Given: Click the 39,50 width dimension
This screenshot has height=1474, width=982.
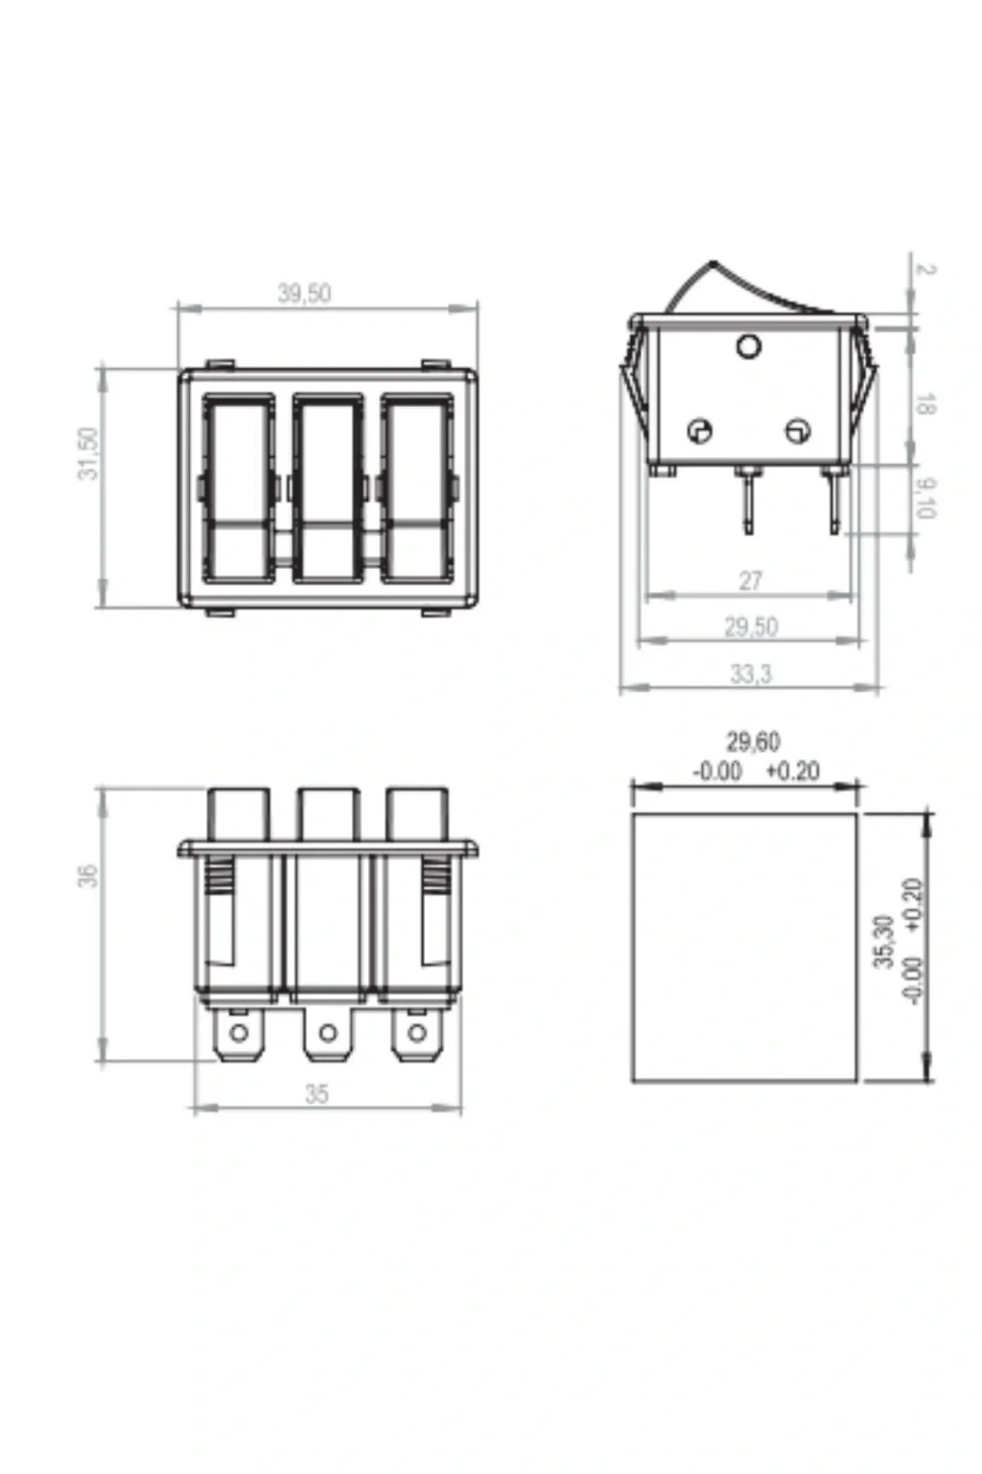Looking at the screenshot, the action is (x=304, y=293).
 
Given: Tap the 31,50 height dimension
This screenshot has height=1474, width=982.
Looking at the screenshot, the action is (x=88, y=453).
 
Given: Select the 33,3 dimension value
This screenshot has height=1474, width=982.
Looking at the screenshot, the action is (x=751, y=674).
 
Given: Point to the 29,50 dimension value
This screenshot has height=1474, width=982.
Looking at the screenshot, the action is (x=751, y=627).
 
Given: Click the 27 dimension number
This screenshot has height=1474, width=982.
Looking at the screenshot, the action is (x=751, y=581).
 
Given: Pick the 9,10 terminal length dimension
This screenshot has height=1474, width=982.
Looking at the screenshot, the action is (x=924, y=497).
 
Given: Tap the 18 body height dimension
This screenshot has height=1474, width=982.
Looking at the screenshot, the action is (x=924, y=404).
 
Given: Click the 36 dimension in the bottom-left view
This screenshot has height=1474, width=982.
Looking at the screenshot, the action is (x=88, y=876).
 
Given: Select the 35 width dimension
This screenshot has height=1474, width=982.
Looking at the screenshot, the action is (x=316, y=1093).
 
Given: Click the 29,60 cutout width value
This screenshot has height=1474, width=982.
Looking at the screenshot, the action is (x=753, y=742).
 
